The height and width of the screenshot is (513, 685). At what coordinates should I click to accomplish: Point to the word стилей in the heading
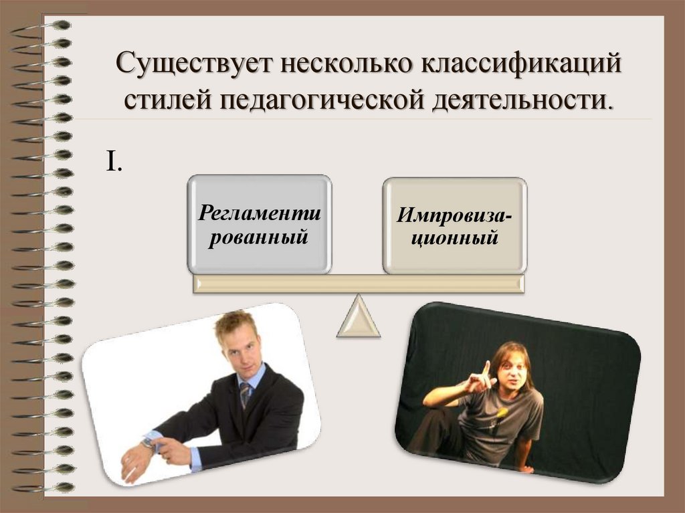(165, 100)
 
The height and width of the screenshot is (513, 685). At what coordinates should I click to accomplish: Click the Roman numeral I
(112, 161)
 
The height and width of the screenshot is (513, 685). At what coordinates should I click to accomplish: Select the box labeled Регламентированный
(260, 225)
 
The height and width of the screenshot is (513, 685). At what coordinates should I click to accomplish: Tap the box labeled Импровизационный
(454, 225)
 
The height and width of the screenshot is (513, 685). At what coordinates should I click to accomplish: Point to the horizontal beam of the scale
(358, 284)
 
